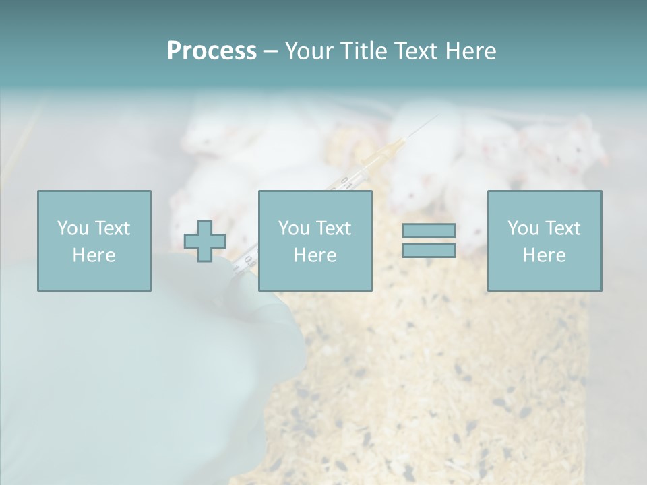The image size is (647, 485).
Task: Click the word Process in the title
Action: (x=212, y=51)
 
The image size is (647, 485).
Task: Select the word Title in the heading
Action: (x=362, y=51)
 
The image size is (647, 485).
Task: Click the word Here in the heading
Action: (x=471, y=51)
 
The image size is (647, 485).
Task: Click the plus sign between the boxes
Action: (x=205, y=241)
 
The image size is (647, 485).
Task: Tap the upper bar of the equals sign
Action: (x=429, y=230)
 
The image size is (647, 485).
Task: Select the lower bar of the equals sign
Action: (x=429, y=251)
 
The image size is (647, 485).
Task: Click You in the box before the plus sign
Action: (x=73, y=228)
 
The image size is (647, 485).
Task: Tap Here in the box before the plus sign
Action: (x=94, y=255)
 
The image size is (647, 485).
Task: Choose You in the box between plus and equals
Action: (x=294, y=228)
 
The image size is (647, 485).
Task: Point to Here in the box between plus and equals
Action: (x=315, y=255)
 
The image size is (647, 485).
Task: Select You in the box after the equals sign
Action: (x=523, y=228)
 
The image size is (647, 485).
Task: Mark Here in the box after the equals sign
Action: (x=544, y=255)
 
